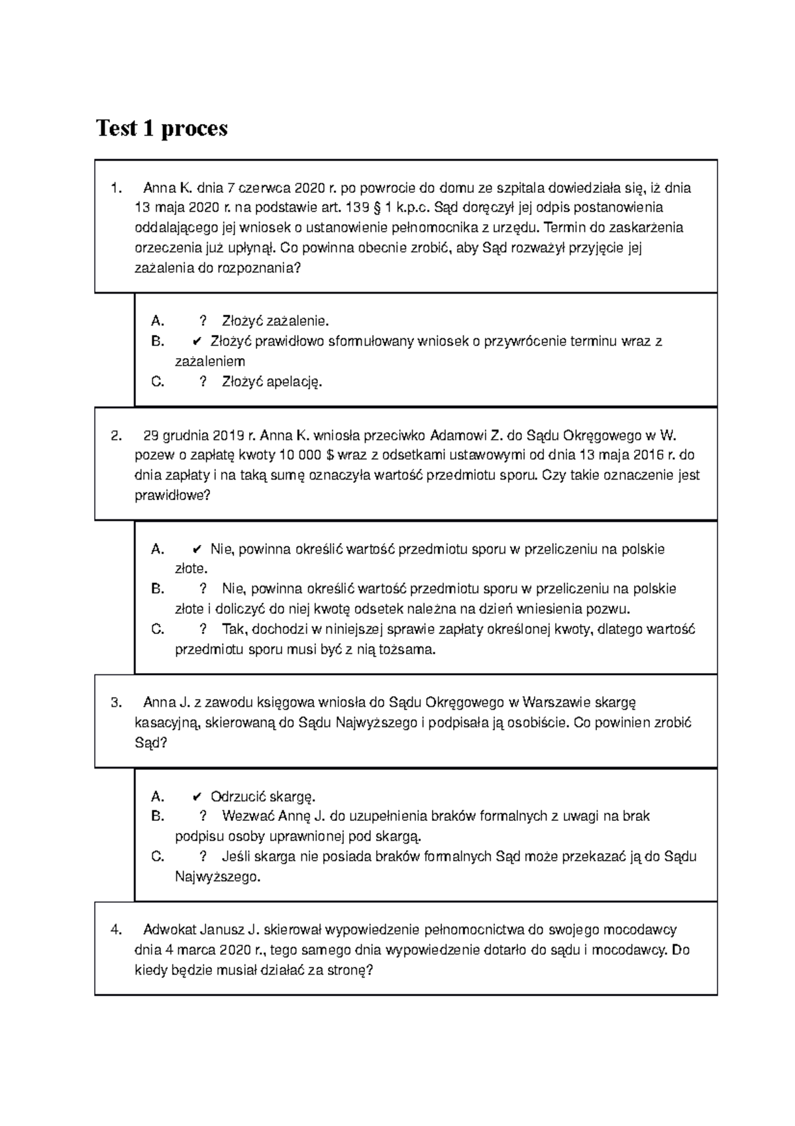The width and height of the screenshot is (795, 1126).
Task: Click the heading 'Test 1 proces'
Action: [x=162, y=127]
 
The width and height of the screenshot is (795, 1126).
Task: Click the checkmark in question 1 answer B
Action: [x=196, y=342]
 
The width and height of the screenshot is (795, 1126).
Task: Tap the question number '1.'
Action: [x=117, y=188]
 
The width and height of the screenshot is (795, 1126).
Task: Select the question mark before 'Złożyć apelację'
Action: [x=203, y=382]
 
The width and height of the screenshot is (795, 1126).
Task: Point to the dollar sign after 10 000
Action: [x=332, y=456]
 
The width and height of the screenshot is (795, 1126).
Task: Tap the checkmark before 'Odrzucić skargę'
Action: [x=196, y=796]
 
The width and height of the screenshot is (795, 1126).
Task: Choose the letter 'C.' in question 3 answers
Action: [x=158, y=857]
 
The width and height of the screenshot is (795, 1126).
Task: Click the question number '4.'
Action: [x=117, y=930]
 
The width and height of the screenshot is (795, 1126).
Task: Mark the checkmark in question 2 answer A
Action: [x=196, y=549]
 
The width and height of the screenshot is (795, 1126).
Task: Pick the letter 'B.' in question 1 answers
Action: [x=158, y=342]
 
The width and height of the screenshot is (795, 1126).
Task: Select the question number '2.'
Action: [x=117, y=436]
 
